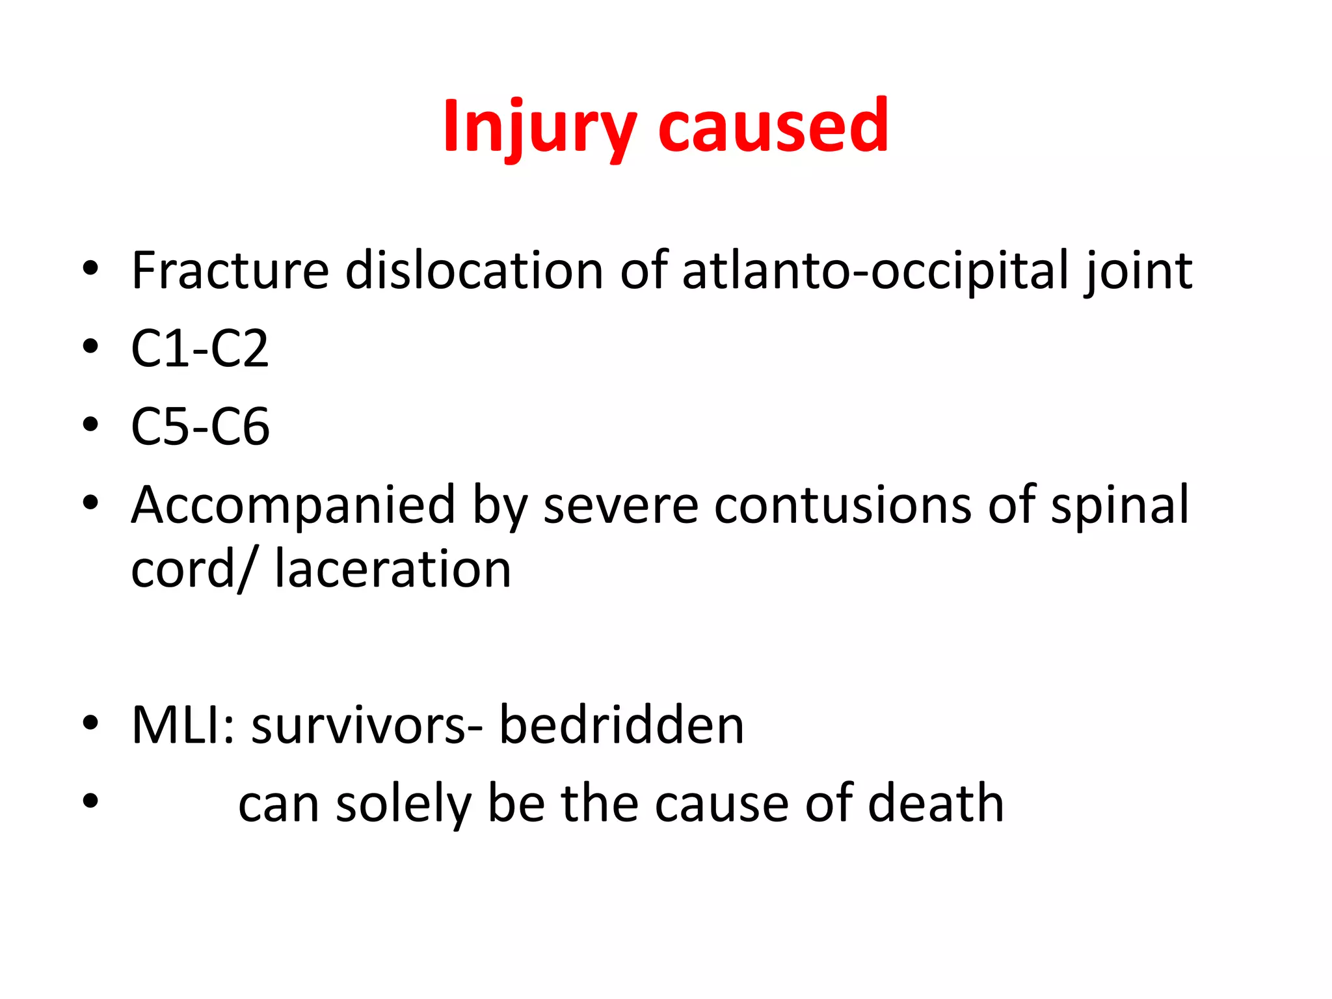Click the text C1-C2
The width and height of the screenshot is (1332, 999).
[200, 349]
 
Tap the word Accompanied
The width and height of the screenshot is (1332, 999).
[293, 505]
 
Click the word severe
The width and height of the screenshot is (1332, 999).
[620, 505]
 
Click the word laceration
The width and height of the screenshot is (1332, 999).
[393, 569]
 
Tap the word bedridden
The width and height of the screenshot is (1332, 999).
[621, 725]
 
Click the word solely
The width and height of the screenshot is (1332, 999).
[403, 804]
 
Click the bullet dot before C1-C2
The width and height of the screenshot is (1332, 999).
[90, 346]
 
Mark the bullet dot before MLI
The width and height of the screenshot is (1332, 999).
[90, 722]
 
